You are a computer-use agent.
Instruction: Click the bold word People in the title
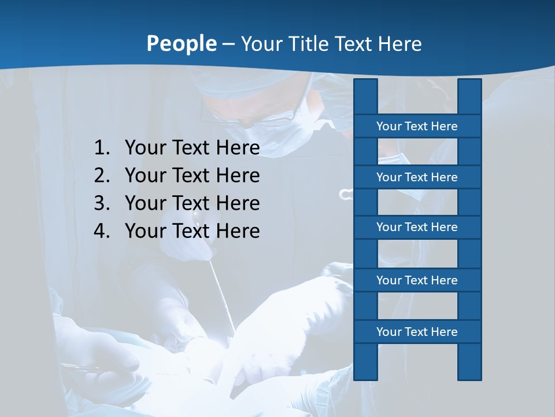pyautogui.click(x=181, y=43)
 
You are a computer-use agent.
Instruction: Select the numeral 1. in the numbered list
pyautogui.click(x=102, y=148)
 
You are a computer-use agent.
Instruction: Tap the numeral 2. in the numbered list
pyautogui.click(x=102, y=175)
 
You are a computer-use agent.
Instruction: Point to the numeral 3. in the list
pyautogui.click(x=102, y=203)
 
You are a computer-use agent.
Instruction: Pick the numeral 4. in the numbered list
pyautogui.click(x=102, y=231)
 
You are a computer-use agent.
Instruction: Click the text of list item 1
pyautogui.click(x=192, y=148)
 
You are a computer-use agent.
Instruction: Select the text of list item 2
pyautogui.click(x=192, y=175)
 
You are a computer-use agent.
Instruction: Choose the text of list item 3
pyautogui.click(x=192, y=203)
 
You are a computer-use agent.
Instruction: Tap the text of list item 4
pyautogui.click(x=192, y=231)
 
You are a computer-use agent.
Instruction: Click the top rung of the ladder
pyautogui.click(x=417, y=126)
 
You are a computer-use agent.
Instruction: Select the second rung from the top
pyautogui.click(x=417, y=177)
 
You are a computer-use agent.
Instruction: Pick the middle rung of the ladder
pyautogui.click(x=417, y=227)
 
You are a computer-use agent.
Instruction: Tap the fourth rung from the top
pyautogui.click(x=417, y=280)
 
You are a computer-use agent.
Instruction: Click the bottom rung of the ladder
pyautogui.click(x=417, y=332)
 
